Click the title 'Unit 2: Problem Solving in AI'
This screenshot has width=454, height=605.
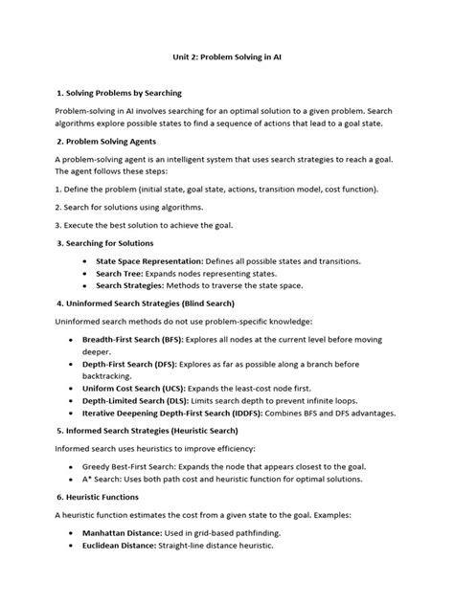227,57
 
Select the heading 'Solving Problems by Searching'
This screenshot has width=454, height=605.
125,96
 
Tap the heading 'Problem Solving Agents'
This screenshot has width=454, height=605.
112,140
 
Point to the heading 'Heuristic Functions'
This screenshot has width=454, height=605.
104,497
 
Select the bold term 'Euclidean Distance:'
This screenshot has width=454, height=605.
133,546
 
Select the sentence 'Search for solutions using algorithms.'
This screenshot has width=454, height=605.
135,207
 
